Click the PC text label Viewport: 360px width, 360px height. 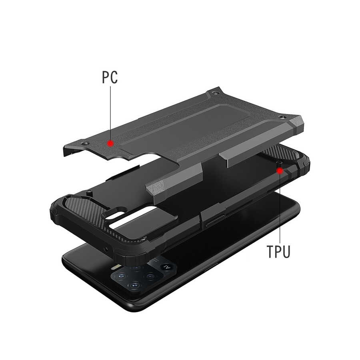pos(110,77)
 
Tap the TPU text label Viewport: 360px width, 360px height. pos(278,252)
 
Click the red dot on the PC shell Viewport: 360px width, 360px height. pos(111,144)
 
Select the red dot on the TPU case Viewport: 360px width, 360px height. pos(280,171)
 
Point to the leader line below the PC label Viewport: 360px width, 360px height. pos(110,113)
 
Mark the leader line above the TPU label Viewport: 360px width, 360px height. pos(280,208)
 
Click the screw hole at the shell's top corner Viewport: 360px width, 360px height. pos(215,93)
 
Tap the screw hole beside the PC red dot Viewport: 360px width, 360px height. pos(86,144)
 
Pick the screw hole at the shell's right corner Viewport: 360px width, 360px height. pos(282,117)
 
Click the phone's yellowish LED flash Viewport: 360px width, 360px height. pos(116,267)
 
